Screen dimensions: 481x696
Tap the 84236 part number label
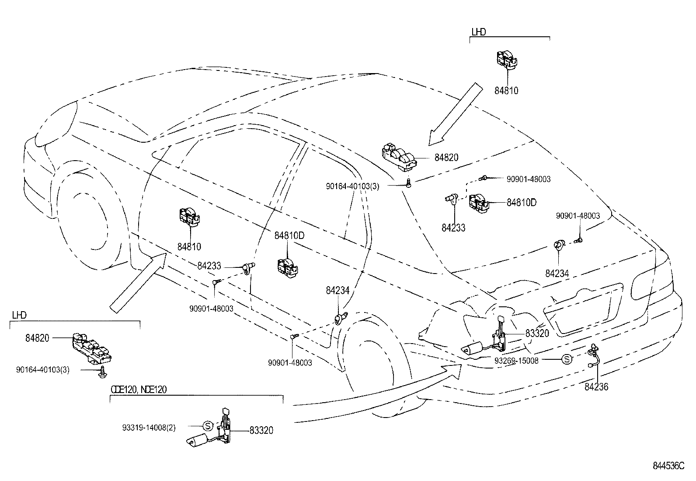coord(596,387)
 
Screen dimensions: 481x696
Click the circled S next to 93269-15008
coord(566,360)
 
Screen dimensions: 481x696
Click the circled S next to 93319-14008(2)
coord(208,425)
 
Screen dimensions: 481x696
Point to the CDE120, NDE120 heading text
coord(139,390)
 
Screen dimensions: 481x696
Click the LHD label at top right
coord(479,32)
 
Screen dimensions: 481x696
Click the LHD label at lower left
coord(19,315)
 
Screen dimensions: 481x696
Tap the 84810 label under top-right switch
coord(506,91)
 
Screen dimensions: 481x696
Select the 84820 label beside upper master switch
coord(446,158)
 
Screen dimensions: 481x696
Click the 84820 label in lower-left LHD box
coord(37,337)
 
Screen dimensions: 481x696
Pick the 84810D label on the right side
coord(522,202)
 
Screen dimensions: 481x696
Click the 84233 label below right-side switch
coord(453,228)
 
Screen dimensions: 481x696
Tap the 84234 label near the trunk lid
coord(557,273)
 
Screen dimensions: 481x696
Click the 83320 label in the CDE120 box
coord(261,431)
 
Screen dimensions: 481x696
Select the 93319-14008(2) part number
coord(149,428)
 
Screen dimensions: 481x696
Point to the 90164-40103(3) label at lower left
coord(43,370)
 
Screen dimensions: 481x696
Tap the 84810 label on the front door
coord(189,247)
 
